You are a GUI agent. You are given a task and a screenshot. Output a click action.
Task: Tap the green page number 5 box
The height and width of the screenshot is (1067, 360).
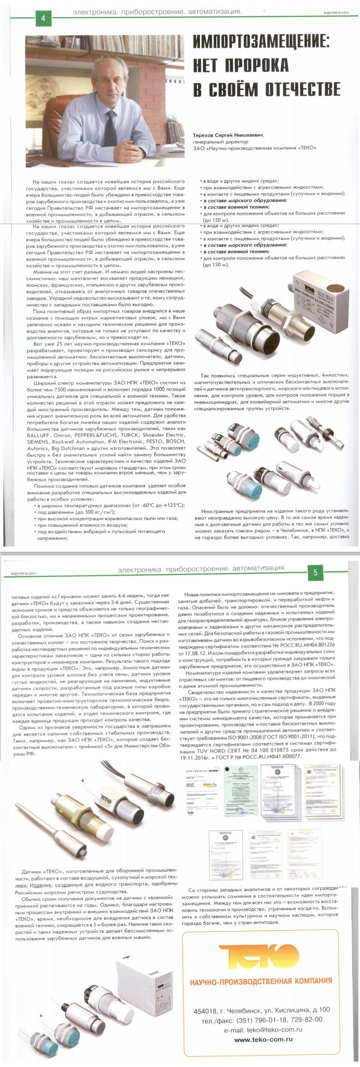tap(315, 572)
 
